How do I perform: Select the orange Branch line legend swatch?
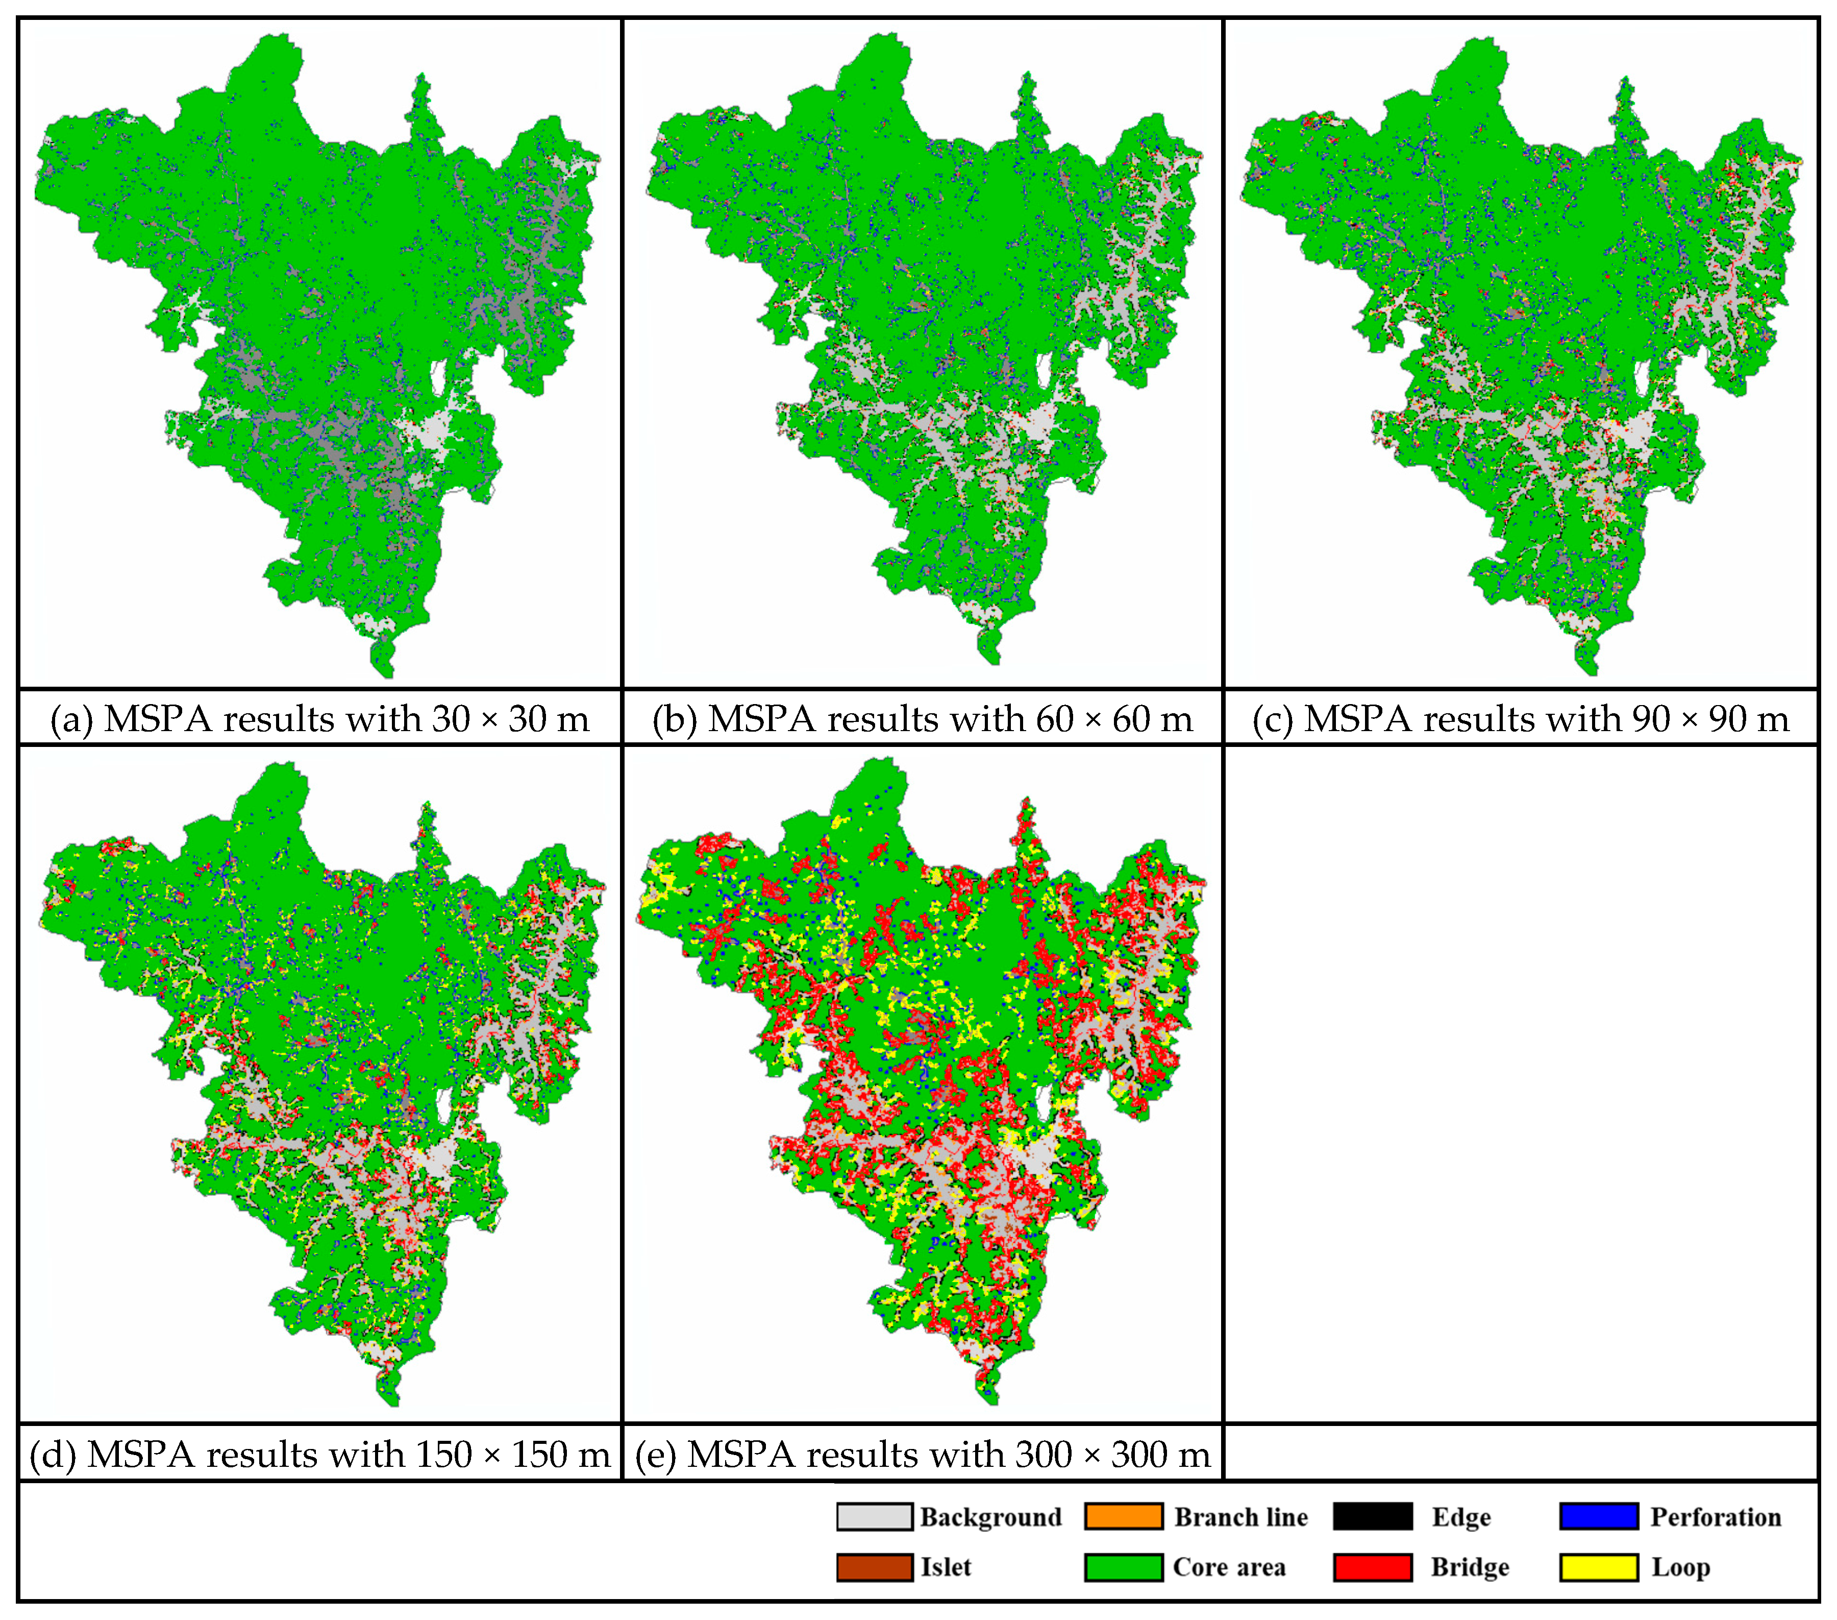(1124, 1517)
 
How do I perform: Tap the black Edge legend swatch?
(1372, 1517)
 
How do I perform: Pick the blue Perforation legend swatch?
(1599, 1517)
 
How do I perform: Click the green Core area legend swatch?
(1124, 1567)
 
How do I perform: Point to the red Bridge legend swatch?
(1372, 1567)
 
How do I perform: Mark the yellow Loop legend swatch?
(1599, 1567)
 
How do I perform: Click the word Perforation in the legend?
(1715, 1517)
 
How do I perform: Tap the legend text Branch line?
(1240, 1517)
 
